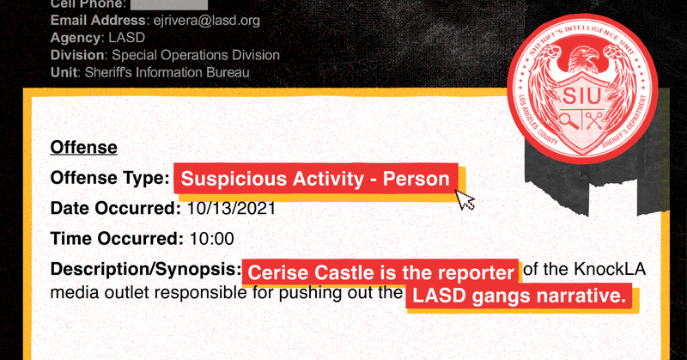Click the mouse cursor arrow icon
(x=465, y=200)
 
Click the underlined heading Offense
(x=84, y=147)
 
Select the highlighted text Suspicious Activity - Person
(x=316, y=179)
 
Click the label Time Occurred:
(x=115, y=238)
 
